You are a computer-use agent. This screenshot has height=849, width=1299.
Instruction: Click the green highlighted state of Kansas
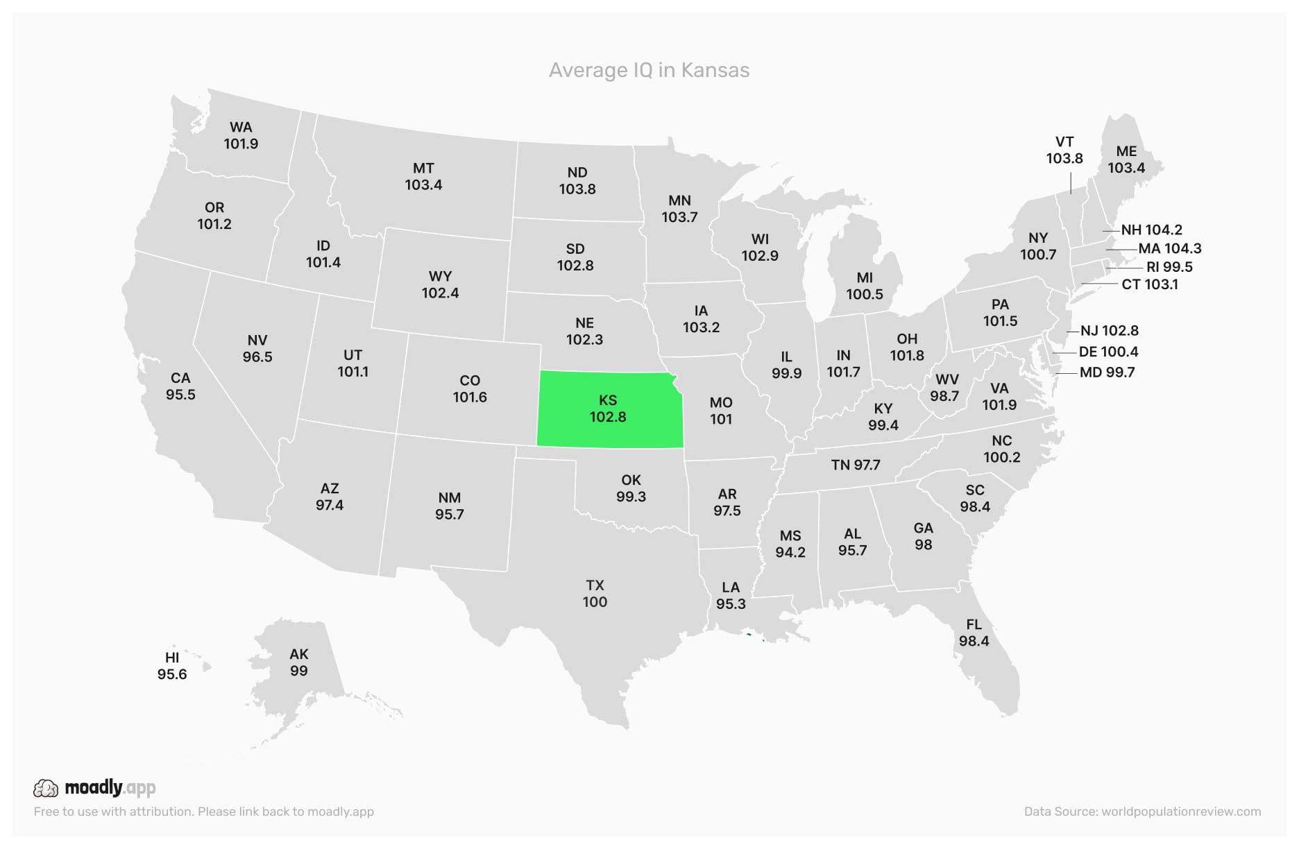(608, 409)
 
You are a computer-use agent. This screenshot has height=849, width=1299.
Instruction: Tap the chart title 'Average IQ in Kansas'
(649, 70)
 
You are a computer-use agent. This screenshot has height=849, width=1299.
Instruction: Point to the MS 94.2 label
(790, 544)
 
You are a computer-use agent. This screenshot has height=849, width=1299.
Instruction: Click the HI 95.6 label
(172, 666)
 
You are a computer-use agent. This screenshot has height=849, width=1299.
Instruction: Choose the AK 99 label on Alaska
(299, 662)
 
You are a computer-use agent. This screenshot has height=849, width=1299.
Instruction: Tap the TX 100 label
(595, 594)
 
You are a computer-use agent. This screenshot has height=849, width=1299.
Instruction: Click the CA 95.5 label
(180, 386)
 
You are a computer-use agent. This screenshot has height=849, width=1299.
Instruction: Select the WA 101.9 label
(241, 135)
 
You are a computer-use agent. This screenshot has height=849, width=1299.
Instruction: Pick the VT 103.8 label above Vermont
(1064, 150)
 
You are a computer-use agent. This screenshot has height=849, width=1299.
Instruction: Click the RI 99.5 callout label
(1169, 267)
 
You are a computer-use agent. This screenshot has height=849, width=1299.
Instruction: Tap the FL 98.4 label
(974, 633)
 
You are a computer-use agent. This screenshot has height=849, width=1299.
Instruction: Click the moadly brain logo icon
(46, 788)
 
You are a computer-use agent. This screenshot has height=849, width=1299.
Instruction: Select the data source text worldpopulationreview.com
(1181, 812)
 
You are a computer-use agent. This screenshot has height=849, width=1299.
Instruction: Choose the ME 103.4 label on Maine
(1126, 160)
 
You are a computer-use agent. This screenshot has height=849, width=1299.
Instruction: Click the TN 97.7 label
(856, 465)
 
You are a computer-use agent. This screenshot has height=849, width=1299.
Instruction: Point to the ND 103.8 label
(577, 180)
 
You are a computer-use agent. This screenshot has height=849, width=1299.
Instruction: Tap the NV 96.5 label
(257, 348)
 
